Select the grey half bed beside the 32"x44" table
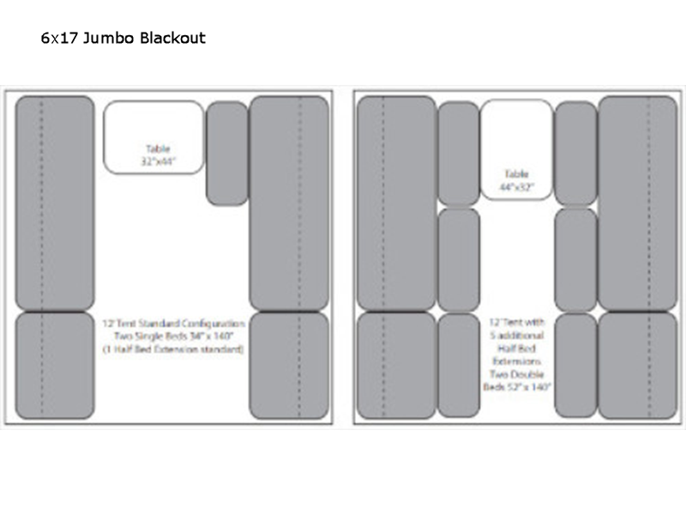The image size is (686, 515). pos(227,153)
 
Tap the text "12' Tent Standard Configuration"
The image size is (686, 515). pos(174,324)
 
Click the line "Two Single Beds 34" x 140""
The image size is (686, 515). pos(174,336)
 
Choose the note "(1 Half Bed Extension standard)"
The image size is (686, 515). pos(174,349)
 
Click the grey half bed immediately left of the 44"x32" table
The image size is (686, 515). pos(459,153)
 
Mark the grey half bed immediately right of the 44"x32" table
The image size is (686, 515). pos(575,153)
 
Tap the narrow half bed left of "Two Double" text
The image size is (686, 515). pos(459,366)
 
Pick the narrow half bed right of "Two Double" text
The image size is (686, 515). pos(575,366)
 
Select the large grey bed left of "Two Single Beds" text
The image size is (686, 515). pos(55,365)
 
